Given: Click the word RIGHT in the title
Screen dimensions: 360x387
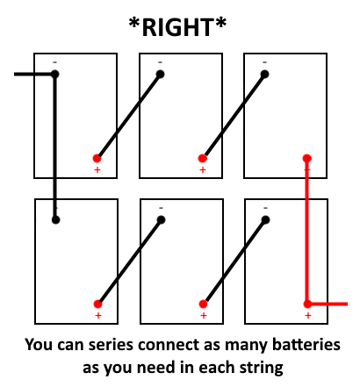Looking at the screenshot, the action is tap(177, 27).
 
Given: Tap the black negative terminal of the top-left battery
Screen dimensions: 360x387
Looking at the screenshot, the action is tap(54, 74).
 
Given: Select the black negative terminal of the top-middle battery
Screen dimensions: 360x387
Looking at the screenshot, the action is tap(160, 74).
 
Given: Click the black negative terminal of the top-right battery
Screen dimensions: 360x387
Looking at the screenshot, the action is tap(264, 74).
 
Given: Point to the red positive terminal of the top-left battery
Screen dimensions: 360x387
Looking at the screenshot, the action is tap(97, 158).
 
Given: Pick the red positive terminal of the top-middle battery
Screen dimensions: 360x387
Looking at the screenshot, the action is tap(202, 158).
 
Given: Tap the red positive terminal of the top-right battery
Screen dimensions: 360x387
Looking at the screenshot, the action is tap(306, 158).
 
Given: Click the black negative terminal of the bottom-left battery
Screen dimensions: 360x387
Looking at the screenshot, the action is tap(55, 219).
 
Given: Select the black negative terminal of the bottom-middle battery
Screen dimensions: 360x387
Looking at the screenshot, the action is tap(161, 219).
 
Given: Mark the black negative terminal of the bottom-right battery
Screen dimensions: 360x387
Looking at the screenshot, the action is tap(265, 219).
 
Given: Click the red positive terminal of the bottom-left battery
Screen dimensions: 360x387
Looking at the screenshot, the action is tap(97, 304).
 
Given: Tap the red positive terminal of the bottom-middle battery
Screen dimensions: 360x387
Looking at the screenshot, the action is tap(203, 304).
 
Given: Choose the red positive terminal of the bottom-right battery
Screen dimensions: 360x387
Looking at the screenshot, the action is tap(307, 304).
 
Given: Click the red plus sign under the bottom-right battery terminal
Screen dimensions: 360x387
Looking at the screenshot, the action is tap(308, 315).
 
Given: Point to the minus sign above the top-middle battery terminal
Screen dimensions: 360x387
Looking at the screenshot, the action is tap(160, 62).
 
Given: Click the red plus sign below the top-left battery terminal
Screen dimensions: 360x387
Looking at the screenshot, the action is tap(97, 169).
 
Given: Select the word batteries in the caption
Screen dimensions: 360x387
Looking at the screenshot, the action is tap(306, 345).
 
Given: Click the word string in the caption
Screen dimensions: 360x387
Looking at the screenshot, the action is tap(262, 368).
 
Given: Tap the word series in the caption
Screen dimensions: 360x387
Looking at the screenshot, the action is tap(111, 345).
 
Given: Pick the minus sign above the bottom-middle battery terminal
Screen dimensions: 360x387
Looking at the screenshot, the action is tap(161, 208).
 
